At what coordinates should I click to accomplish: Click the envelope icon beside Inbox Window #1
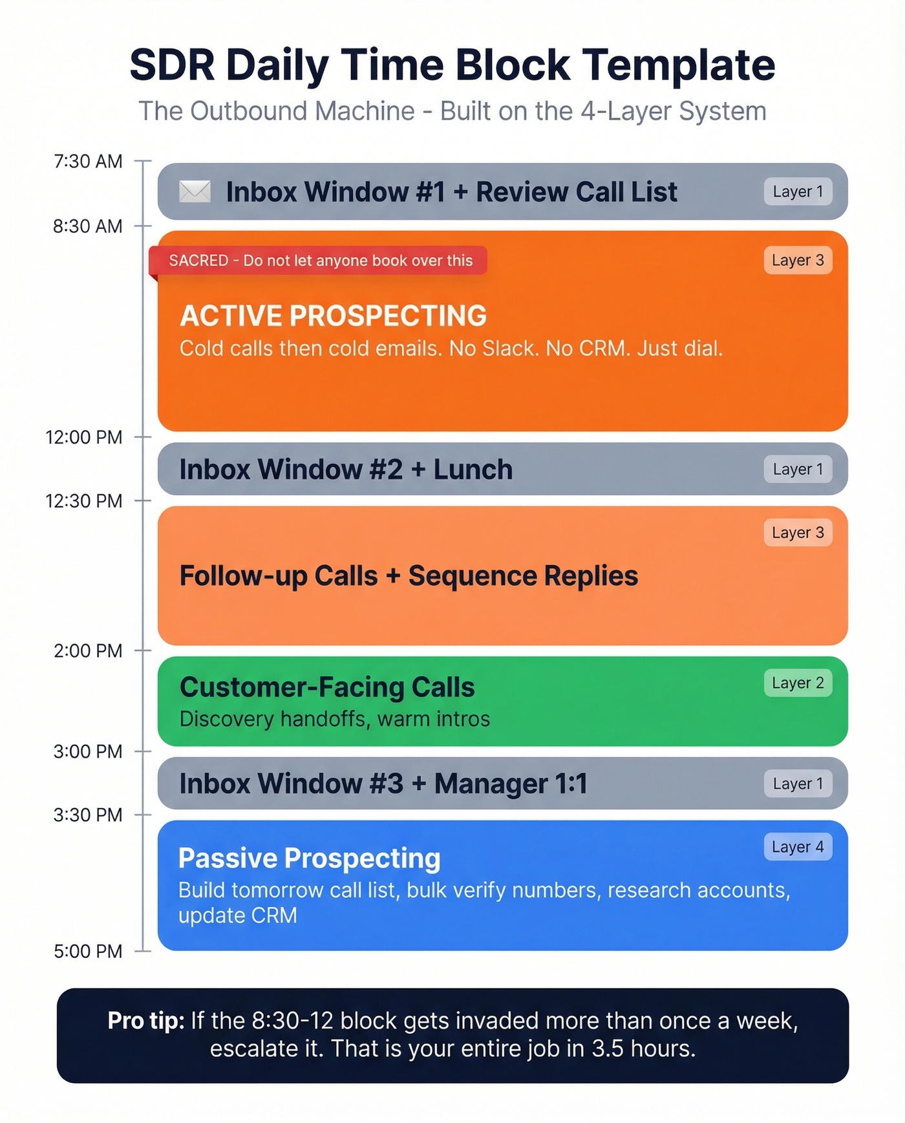tap(195, 191)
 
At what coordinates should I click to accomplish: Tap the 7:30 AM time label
tap(88, 161)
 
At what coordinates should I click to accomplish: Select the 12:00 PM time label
tap(83, 437)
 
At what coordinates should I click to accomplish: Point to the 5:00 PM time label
tap(88, 951)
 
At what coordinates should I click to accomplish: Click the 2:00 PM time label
tap(88, 650)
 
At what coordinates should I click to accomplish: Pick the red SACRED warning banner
tap(320, 261)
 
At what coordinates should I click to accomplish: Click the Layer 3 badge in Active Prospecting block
tap(798, 260)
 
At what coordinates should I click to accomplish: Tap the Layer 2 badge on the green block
tap(798, 683)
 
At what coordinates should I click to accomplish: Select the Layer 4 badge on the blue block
tap(798, 847)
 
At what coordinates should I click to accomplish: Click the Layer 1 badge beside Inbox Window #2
tap(798, 469)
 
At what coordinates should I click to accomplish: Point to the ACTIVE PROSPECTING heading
tap(333, 316)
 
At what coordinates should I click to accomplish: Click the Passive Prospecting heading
tap(309, 858)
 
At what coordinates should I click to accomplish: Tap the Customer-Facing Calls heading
tap(327, 687)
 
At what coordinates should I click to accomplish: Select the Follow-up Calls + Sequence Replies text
tap(409, 575)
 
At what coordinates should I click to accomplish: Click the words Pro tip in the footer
tap(145, 1020)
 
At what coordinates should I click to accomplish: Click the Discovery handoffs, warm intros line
tap(334, 719)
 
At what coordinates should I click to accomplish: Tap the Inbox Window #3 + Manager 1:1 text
tap(383, 784)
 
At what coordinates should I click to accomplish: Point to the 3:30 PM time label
tap(88, 815)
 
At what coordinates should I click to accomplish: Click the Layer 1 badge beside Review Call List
tap(798, 191)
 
